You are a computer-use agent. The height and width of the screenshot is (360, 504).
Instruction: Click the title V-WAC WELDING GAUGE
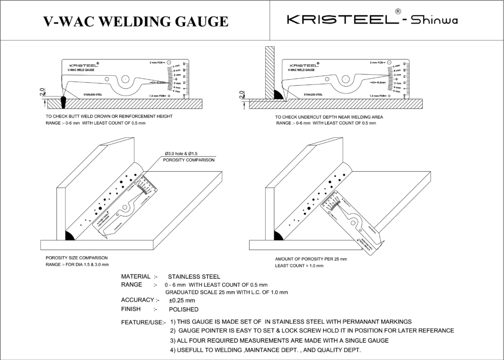[x=136, y=21]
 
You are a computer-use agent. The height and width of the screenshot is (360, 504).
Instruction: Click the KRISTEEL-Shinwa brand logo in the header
[x=375, y=20]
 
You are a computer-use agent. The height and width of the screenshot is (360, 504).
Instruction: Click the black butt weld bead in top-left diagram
[x=63, y=100]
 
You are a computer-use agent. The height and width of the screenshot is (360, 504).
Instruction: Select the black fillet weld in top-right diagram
[x=278, y=95]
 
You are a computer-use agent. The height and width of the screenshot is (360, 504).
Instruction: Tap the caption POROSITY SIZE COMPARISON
[x=77, y=258]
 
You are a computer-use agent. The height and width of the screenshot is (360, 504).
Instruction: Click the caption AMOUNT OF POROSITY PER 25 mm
[x=311, y=259]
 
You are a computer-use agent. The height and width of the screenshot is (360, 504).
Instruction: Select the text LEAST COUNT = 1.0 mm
[x=299, y=266]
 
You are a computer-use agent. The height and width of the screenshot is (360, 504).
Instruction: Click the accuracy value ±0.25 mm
[x=182, y=300]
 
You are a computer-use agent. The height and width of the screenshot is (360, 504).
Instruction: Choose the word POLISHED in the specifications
[x=184, y=310]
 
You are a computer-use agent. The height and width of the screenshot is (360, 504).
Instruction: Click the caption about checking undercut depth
[x=329, y=117]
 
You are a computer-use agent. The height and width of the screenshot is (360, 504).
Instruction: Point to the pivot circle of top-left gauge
[x=126, y=78]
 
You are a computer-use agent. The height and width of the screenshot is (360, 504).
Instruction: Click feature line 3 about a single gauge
[x=279, y=340]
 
